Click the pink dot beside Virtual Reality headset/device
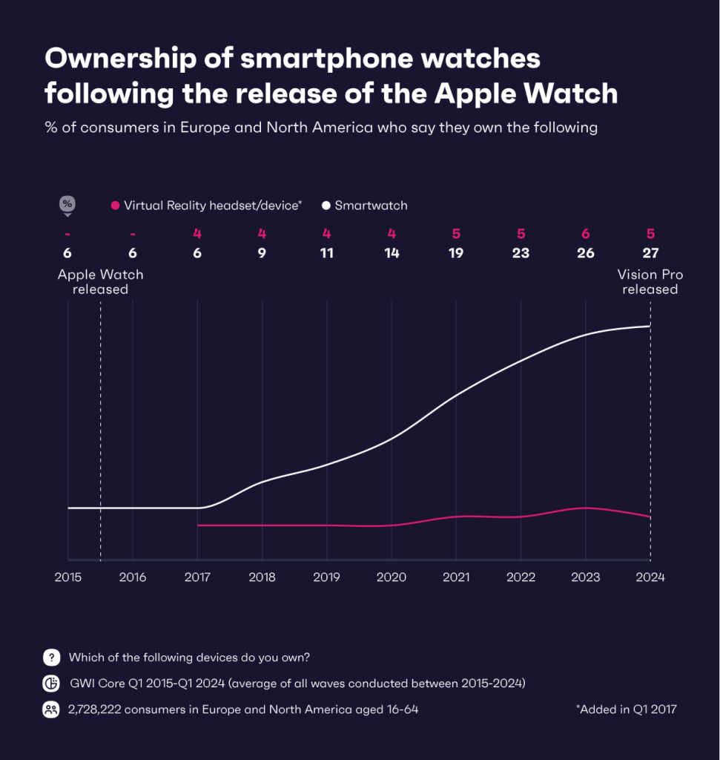(115, 206)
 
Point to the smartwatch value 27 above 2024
(650, 253)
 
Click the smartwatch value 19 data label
(456, 253)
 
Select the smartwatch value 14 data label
(392, 253)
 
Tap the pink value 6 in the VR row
(586, 234)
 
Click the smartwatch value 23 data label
(521, 253)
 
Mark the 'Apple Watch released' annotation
(100, 282)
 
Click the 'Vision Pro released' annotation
(650, 282)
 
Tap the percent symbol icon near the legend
(67, 204)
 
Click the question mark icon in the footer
(51, 657)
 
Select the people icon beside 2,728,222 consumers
(51, 710)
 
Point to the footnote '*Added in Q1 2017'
(626, 710)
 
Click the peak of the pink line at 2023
(586, 508)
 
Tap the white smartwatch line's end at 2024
(650, 326)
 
